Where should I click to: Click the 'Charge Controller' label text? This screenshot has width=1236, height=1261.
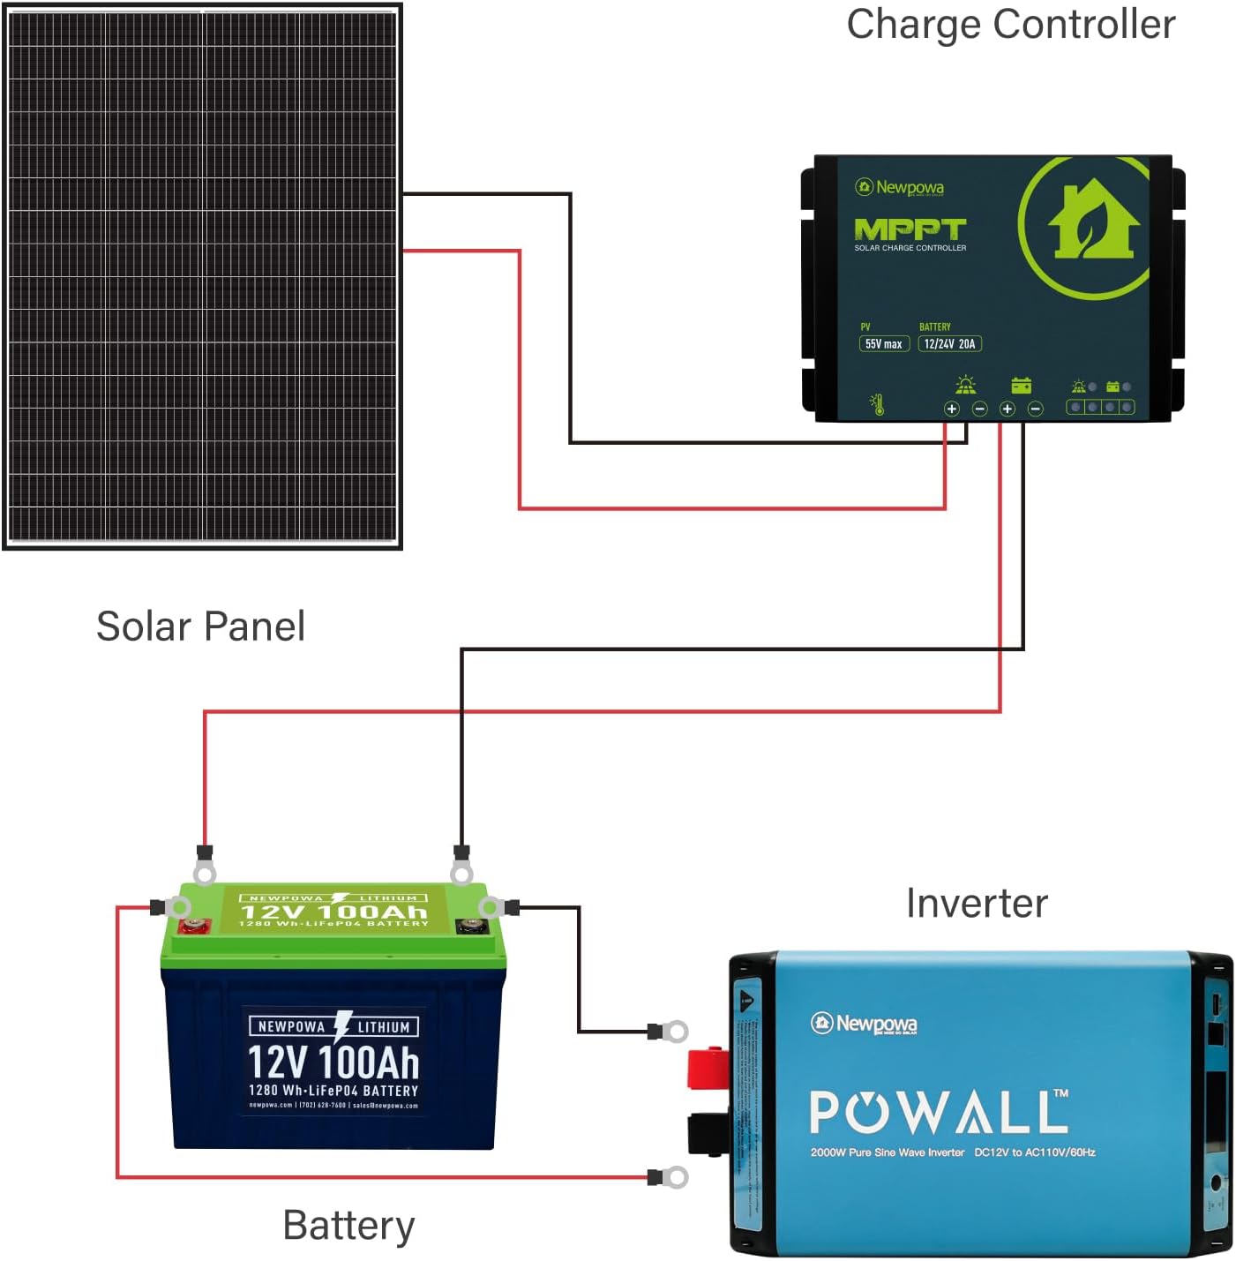(1010, 25)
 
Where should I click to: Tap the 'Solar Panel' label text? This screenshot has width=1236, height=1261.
(200, 627)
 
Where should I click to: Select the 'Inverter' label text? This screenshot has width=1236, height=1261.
(977, 904)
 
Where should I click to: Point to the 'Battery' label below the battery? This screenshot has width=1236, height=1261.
(348, 1226)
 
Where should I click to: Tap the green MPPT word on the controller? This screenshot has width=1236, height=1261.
(910, 229)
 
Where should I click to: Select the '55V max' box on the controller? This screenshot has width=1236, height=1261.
(883, 344)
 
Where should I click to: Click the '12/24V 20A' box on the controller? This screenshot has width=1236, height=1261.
(949, 344)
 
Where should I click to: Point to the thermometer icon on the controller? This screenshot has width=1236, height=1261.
(877, 404)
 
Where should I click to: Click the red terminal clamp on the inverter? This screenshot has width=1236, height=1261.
(708, 1068)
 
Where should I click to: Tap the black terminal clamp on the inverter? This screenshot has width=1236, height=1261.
(708, 1134)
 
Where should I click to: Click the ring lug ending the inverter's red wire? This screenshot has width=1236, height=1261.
(675, 1177)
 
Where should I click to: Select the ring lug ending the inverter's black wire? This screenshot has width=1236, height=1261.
(675, 1031)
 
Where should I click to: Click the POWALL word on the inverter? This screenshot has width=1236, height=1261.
(938, 1112)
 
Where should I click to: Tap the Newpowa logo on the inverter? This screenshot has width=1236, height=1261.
(864, 1024)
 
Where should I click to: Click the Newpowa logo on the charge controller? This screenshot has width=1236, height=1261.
(899, 187)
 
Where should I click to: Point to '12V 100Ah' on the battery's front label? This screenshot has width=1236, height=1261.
(333, 1062)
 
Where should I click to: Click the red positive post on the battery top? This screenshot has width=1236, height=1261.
(194, 926)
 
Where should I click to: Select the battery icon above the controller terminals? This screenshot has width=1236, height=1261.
(1021, 386)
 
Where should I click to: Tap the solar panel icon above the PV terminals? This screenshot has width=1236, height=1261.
(966, 385)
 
